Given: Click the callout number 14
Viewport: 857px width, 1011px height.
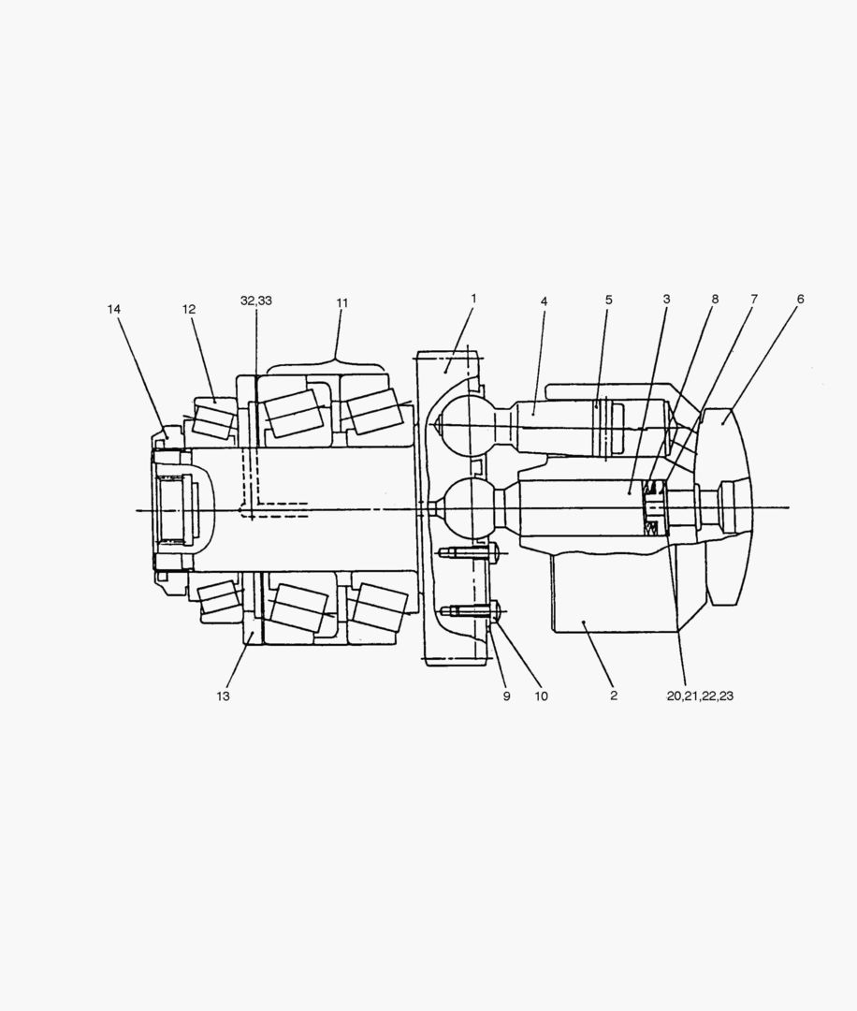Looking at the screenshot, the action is pos(114,310).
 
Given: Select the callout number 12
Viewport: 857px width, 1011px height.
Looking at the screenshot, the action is pos(189,310).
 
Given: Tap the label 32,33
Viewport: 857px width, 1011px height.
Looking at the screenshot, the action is pos(256,300).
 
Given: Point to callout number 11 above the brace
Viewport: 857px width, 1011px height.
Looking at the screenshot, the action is pos(342,302).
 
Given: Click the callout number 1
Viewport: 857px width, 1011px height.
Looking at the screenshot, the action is pos(473,299).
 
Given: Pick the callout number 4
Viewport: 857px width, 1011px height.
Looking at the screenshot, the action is pos(544,301).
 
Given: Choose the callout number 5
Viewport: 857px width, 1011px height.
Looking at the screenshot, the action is pos(608,300).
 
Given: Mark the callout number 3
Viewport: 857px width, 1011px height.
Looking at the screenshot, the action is pos(666,300).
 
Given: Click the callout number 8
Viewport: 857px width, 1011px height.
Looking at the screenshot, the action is pos(715,300).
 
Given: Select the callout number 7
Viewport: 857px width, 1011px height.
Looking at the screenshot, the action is pos(754,299).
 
